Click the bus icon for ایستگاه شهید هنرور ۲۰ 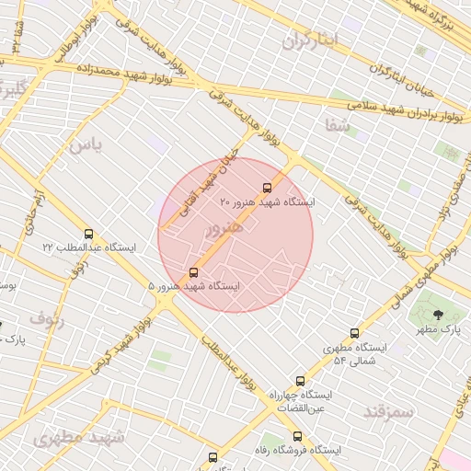[x=267, y=188]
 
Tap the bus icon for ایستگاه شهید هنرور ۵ [x=193, y=272]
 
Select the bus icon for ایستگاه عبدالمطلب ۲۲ [x=88, y=234]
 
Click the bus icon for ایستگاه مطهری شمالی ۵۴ [x=355, y=334]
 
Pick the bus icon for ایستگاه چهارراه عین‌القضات [x=300, y=381]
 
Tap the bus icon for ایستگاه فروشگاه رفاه [x=296, y=436]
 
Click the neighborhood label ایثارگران [x=311, y=40]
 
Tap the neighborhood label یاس [x=82, y=144]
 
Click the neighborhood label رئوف [x=46, y=319]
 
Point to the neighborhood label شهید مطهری [x=78, y=438]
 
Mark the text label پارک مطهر [x=438, y=328]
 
